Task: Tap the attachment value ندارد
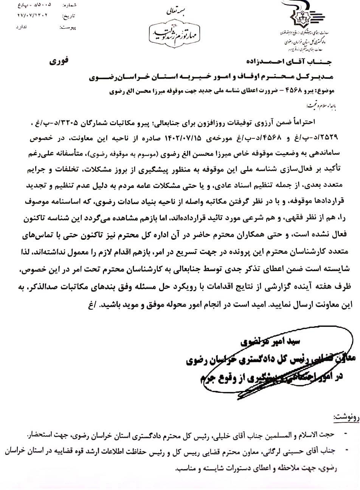[22, 28]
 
